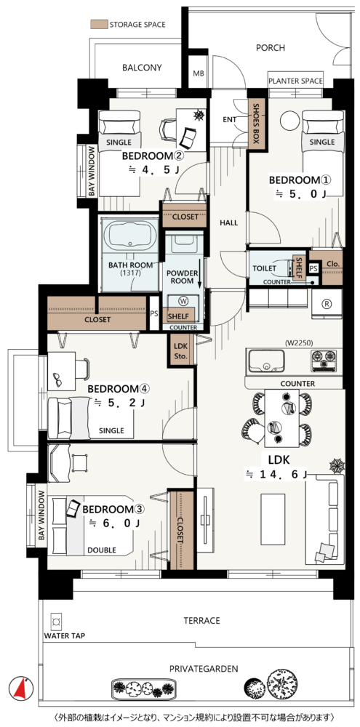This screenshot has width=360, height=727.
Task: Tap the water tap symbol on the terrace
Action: tap(57, 622)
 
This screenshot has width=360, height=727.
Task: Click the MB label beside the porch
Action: tap(199, 73)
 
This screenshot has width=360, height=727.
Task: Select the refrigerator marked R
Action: tap(327, 303)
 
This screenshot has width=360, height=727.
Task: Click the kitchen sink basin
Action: tap(266, 361)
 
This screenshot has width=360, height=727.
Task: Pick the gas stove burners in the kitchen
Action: tap(324, 361)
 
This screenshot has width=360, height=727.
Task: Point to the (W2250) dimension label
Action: tap(300, 344)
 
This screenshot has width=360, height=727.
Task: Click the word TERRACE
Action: tap(201, 620)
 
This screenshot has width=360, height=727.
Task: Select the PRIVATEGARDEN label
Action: tap(204, 669)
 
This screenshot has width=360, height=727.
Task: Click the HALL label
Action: tap(228, 223)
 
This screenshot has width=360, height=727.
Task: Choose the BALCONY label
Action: tap(142, 68)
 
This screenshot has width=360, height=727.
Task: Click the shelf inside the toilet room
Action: tap(299, 268)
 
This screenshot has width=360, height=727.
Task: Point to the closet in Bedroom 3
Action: tap(180, 530)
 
